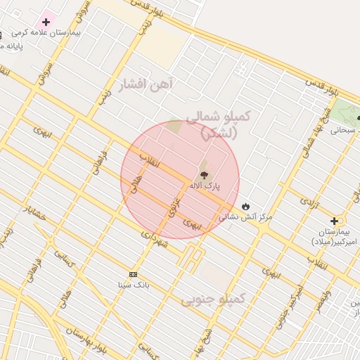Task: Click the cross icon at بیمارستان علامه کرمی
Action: click(46, 22)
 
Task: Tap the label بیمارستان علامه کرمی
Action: click(47, 33)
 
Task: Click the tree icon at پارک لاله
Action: click(204, 174)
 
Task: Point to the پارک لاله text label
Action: click(204, 186)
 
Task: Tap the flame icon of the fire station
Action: click(245, 205)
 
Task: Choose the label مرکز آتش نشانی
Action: click(245, 217)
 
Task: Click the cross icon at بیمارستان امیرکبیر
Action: click(334, 221)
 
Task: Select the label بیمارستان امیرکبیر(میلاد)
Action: click(335, 236)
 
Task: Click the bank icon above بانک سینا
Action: click(133, 274)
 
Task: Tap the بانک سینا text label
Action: click(133, 285)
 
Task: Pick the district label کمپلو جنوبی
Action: click(214, 300)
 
